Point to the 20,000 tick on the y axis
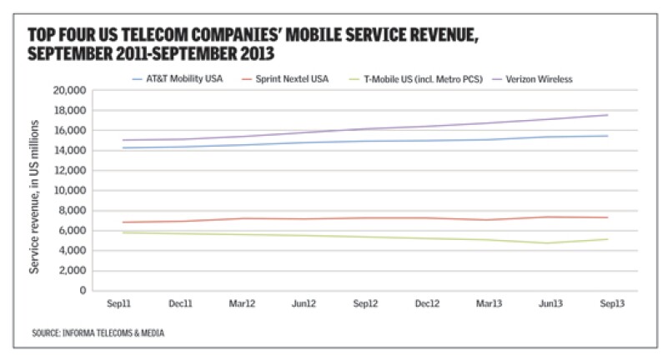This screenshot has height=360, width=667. tap(70, 90)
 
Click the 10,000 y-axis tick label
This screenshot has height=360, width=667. tap(70, 190)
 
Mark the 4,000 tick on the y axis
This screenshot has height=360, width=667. tap(73, 250)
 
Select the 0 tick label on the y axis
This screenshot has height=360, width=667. tap(83, 291)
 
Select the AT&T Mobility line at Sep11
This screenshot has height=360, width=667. tap(123, 147)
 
